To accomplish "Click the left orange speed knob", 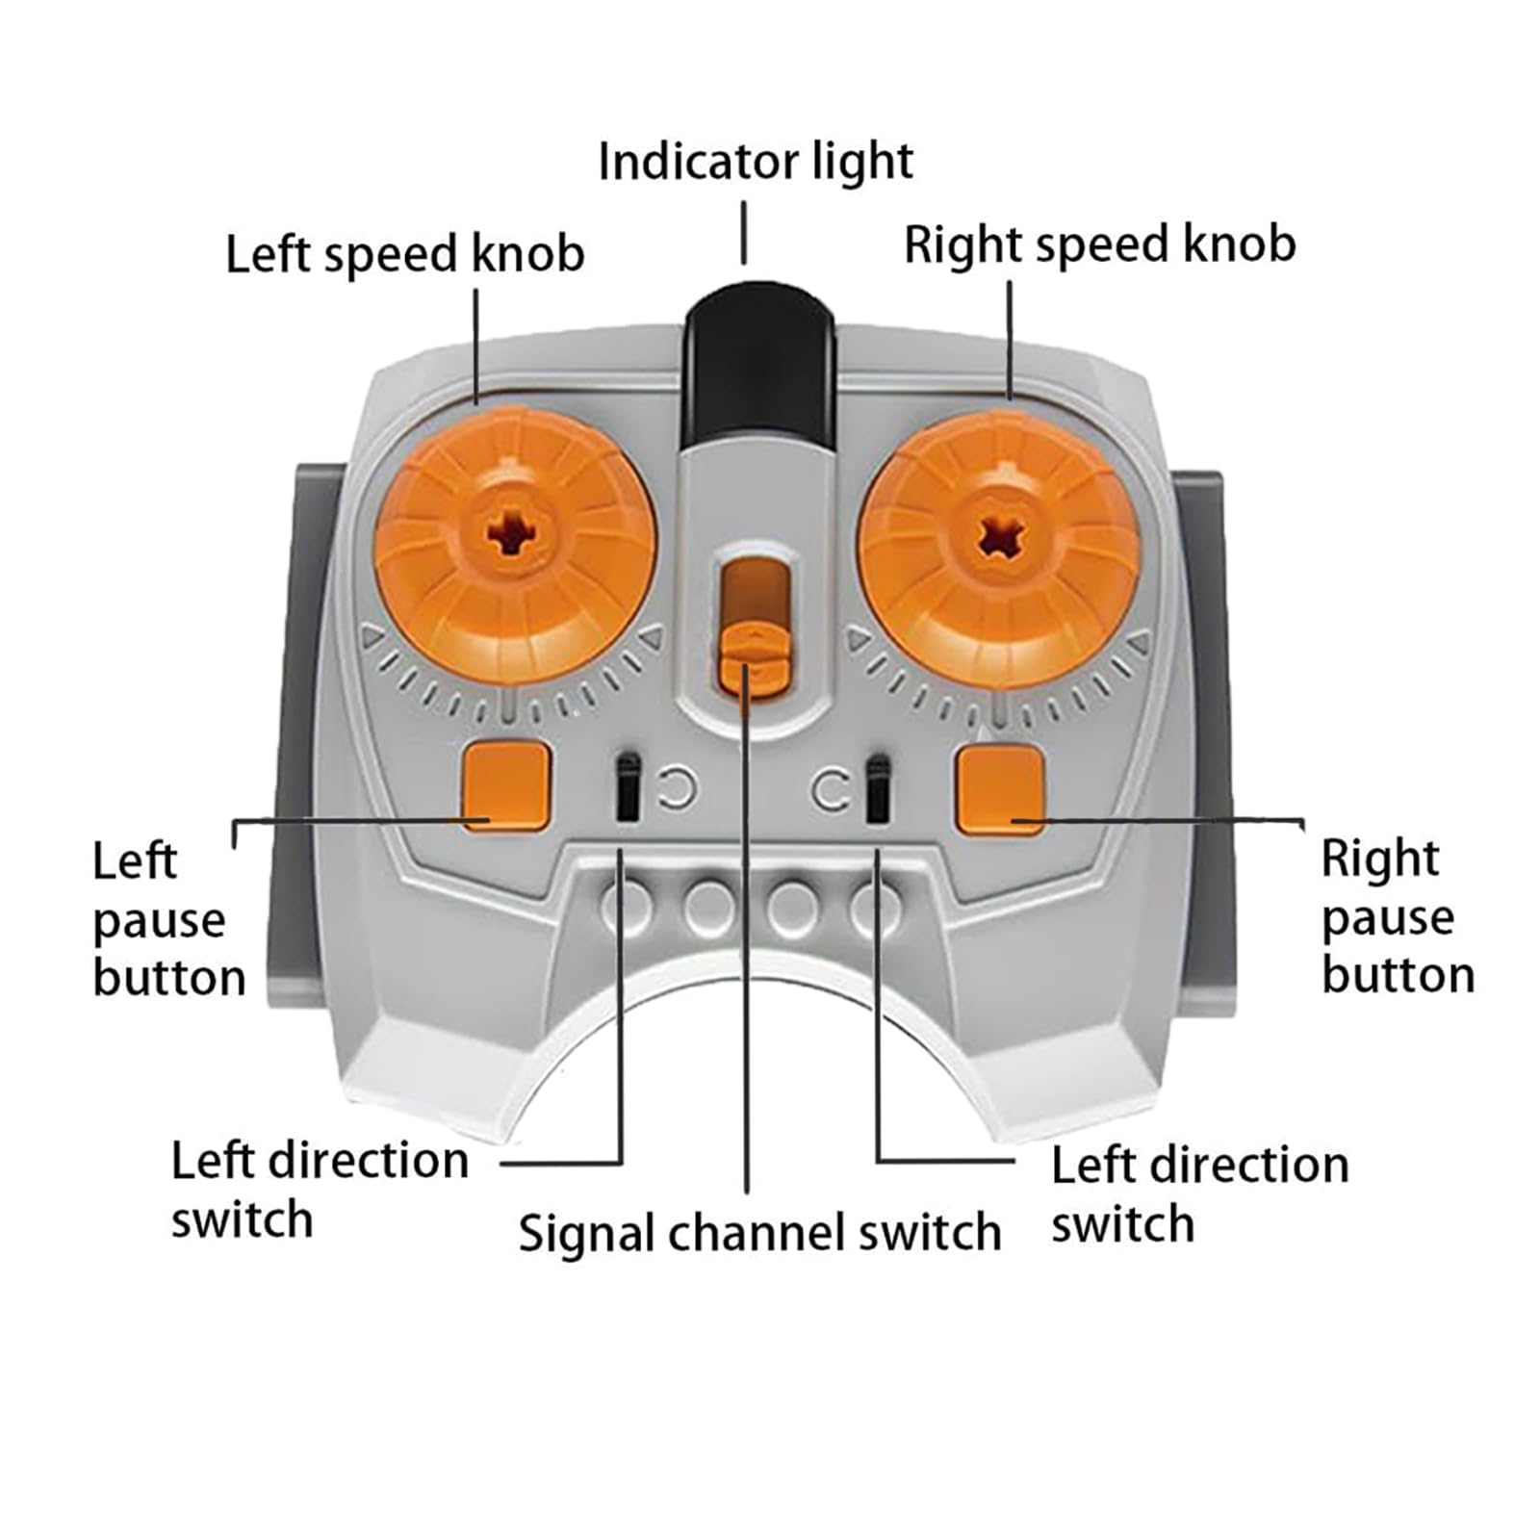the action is (515, 546).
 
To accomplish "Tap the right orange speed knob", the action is (999, 550).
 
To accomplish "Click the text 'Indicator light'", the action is (756, 162).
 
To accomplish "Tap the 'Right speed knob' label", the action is (1099, 244).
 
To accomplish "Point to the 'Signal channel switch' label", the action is (760, 1233).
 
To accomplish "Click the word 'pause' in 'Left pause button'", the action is (160, 922).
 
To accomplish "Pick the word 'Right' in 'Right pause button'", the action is (1380, 859).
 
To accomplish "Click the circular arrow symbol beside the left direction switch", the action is (678, 789).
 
